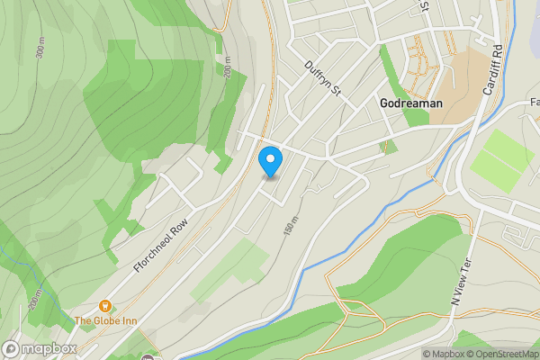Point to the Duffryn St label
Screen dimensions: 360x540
point(325,78)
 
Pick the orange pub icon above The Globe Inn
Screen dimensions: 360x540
point(105,306)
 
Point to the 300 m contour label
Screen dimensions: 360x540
point(40,49)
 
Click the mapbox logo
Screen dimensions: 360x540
point(40,348)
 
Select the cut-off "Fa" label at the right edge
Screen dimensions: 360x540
point(534,102)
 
